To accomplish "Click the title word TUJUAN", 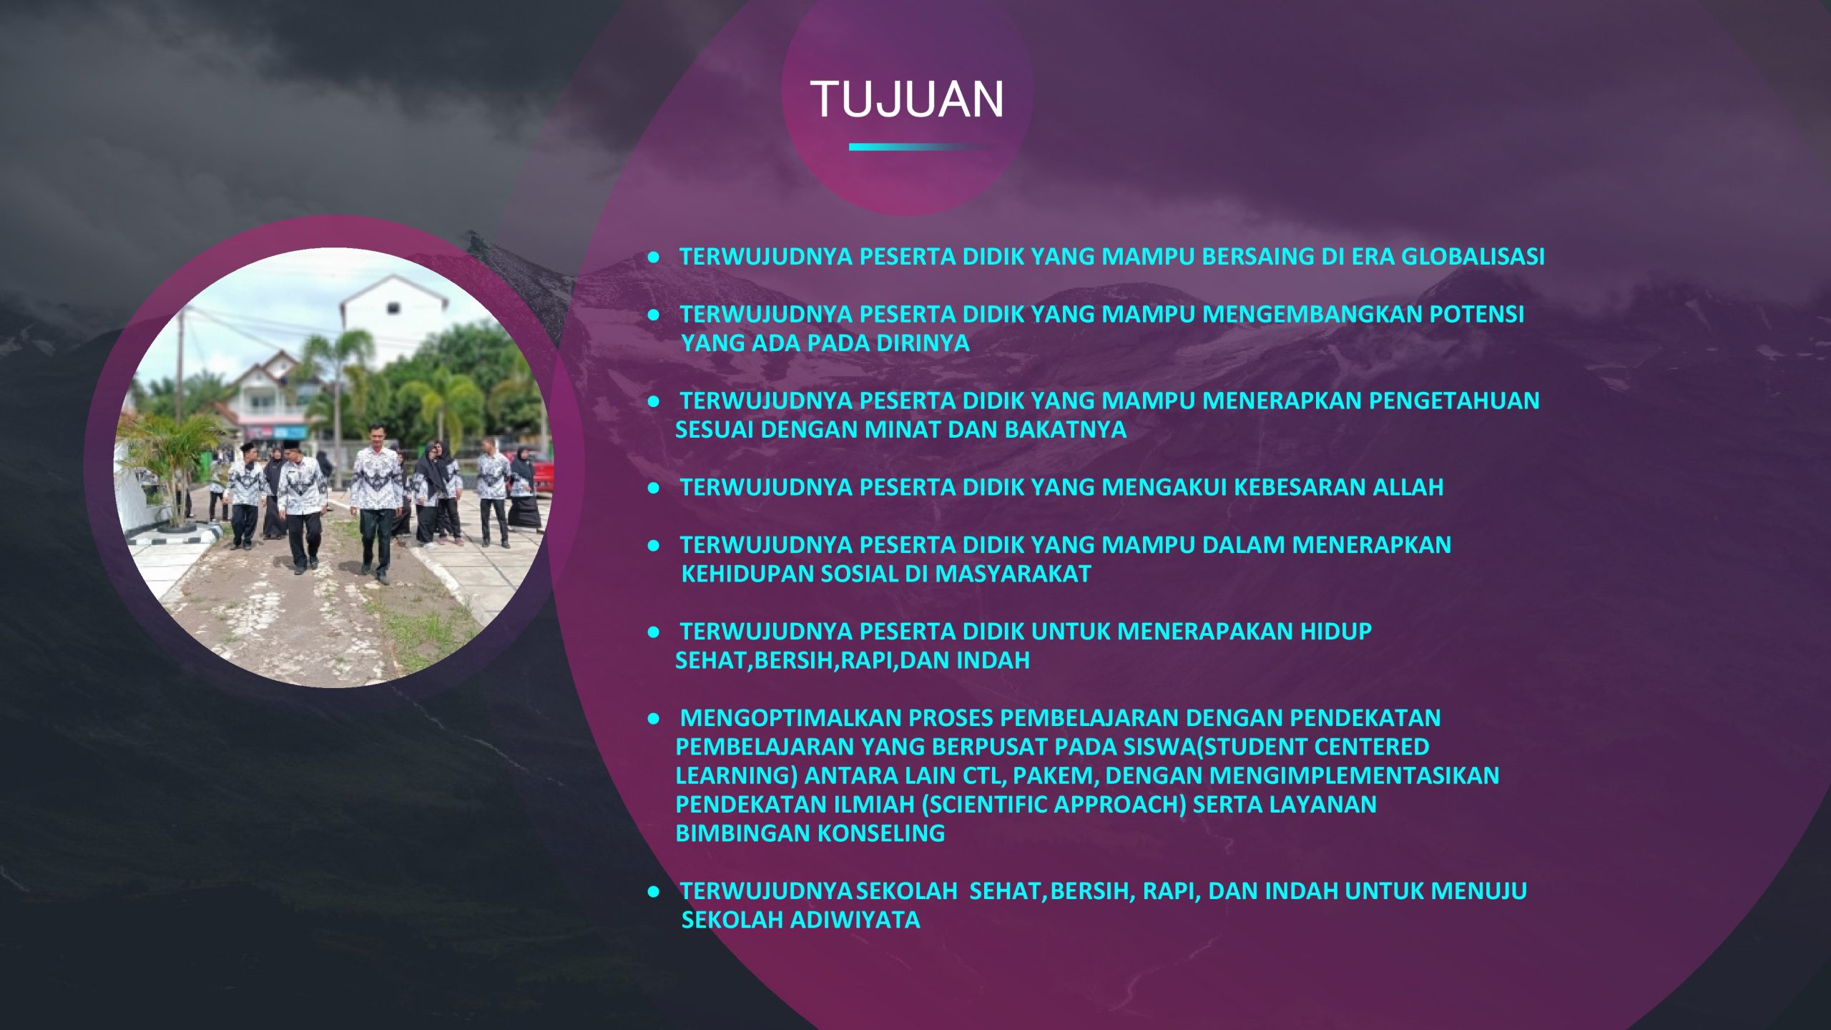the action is pos(907,99).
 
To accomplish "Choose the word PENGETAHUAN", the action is pos(1454,401).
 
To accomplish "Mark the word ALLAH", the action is pos(1408,487).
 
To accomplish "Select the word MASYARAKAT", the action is pos(1013,574).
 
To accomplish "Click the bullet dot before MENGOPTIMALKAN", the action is pos(653,719).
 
